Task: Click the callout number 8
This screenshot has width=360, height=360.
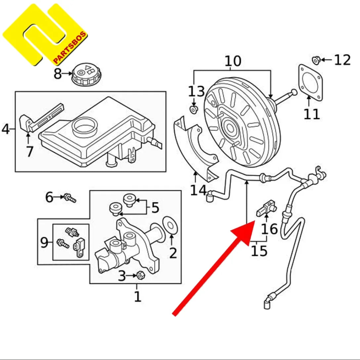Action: coord(58,74)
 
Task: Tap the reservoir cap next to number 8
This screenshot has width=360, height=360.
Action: coord(84,74)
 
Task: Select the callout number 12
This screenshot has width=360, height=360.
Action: coord(342,60)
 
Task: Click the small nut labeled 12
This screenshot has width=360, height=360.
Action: coord(316,60)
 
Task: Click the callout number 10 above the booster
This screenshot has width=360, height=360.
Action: coord(233,61)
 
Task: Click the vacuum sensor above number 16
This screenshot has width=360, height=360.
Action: coord(266,208)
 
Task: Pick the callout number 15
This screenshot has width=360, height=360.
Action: coord(259,251)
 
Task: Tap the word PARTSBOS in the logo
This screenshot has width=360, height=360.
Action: coord(70,49)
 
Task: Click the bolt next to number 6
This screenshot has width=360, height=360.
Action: coord(70,198)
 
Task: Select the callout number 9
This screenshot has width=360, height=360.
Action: coord(44,243)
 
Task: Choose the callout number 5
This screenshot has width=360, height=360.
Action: coord(155,208)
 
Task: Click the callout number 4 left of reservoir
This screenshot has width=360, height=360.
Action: coord(6,129)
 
